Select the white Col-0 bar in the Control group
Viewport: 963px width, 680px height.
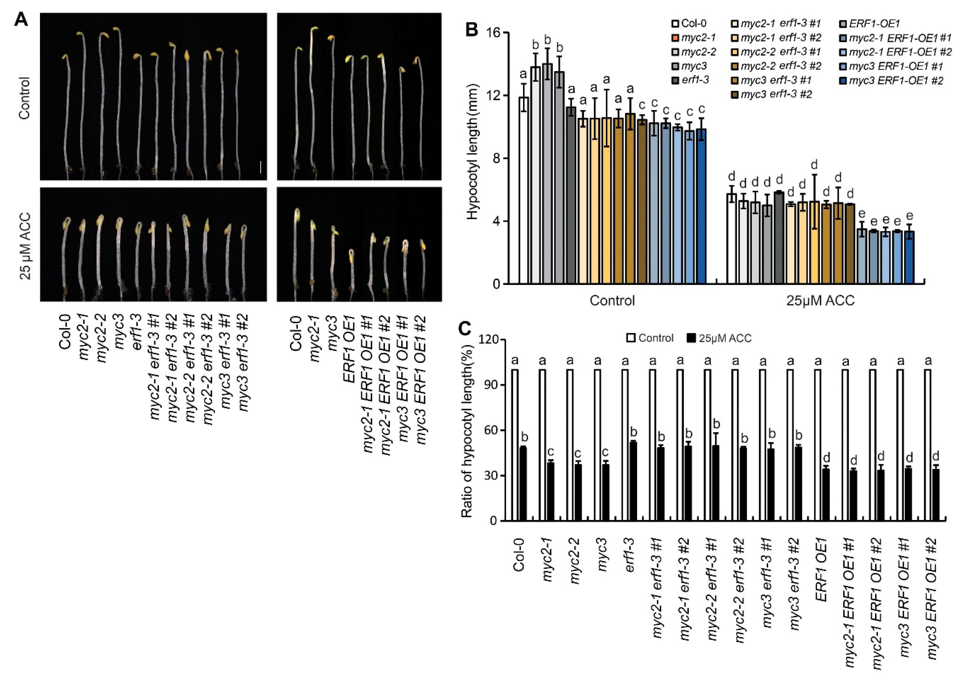coord(523,190)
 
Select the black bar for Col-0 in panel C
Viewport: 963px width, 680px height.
coord(523,484)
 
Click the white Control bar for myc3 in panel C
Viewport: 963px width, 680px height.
coord(598,445)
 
